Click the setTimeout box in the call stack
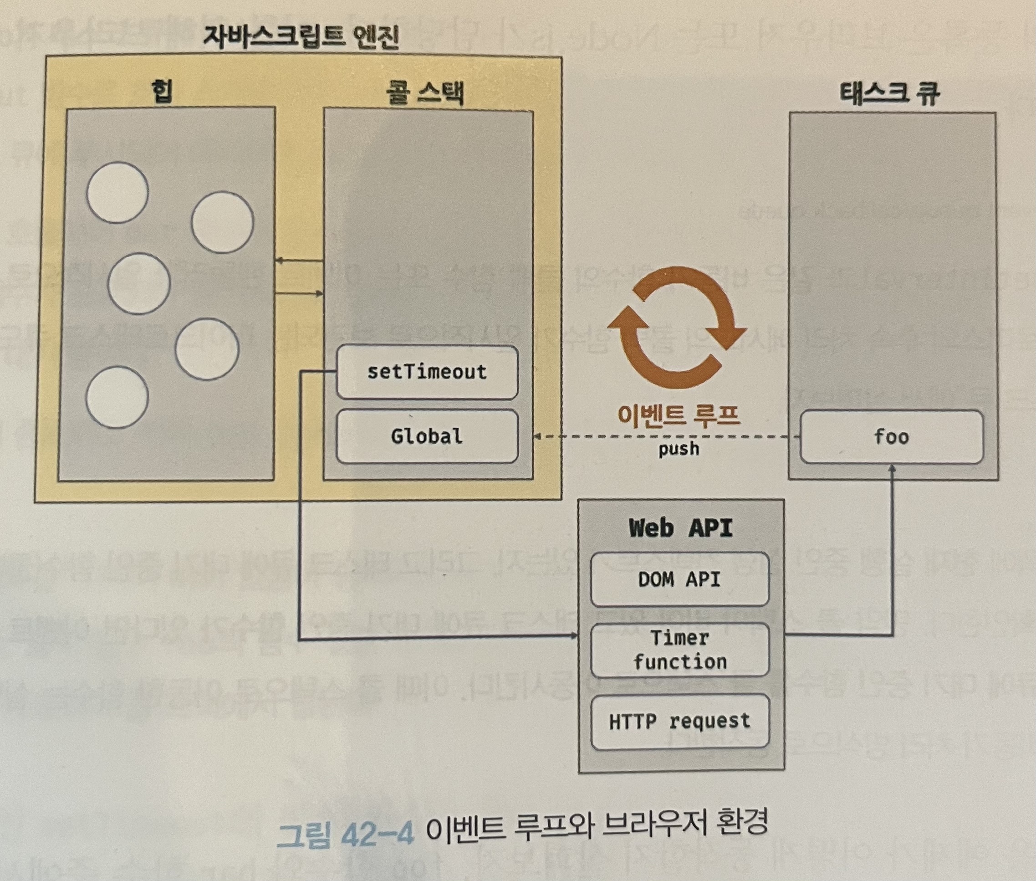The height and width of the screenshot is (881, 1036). (x=427, y=372)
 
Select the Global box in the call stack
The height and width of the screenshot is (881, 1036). (x=427, y=436)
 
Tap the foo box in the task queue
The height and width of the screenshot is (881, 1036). (x=891, y=437)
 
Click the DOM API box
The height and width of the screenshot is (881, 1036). (x=679, y=579)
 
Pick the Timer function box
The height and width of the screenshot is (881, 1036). (x=679, y=650)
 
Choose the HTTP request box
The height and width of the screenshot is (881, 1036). (x=679, y=721)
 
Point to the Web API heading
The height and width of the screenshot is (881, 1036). (x=680, y=528)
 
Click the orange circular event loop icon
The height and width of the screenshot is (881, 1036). (x=679, y=333)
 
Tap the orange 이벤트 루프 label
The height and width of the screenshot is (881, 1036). (x=679, y=415)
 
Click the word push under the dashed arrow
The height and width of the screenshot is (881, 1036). (x=679, y=449)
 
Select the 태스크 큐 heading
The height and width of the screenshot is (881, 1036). (x=890, y=93)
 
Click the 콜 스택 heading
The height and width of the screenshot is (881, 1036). (x=425, y=93)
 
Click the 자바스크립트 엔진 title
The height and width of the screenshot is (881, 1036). (x=301, y=37)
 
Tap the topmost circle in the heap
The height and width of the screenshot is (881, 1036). (x=117, y=192)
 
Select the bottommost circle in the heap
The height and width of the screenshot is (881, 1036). (x=117, y=398)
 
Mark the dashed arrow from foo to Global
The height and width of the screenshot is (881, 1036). (x=664, y=436)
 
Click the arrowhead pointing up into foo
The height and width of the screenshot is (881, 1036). (x=892, y=469)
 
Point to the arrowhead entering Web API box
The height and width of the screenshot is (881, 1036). (x=574, y=636)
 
